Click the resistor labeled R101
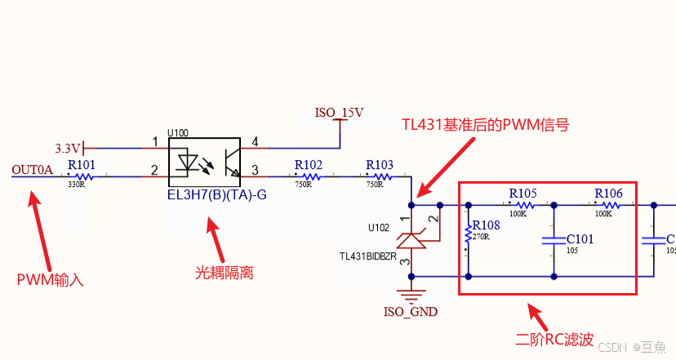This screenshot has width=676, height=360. [x=82, y=176]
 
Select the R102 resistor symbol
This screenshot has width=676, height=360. [x=309, y=176]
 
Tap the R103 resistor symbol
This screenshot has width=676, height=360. [x=380, y=176]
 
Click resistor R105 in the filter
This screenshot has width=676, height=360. [x=523, y=205]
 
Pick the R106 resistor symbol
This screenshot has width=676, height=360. [x=607, y=205]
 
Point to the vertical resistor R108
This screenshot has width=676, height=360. [x=468, y=236]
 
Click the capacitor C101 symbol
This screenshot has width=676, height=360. [x=554, y=240]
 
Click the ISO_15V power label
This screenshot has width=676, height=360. [x=339, y=112]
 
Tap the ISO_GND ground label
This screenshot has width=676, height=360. [x=410, y=311]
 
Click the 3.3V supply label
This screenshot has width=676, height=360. [x=68, y=149]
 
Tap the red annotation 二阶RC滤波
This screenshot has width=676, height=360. [x=554, y=337]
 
